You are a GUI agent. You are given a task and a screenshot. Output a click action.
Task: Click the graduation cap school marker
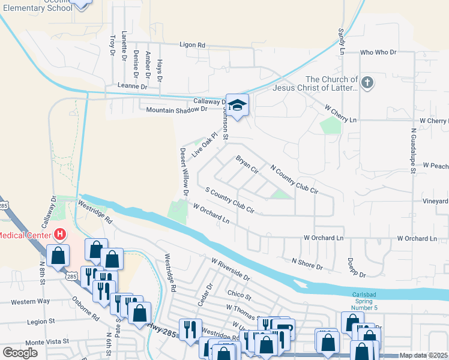[237, 104]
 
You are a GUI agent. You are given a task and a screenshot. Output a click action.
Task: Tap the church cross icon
[367, 83]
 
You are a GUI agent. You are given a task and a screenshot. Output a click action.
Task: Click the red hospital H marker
[59, 235]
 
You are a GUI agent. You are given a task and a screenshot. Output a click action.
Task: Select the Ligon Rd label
[193, 45]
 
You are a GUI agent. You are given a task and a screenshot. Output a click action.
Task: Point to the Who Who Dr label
[379, 53]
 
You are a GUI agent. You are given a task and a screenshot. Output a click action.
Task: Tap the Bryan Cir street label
[247, 166]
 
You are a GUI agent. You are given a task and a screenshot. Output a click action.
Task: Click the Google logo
[20, 353]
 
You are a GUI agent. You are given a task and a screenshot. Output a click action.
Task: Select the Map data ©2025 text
[423, 355]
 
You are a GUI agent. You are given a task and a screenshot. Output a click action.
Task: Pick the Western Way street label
[30, 302]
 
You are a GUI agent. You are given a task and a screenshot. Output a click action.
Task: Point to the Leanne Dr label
[132, 87]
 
